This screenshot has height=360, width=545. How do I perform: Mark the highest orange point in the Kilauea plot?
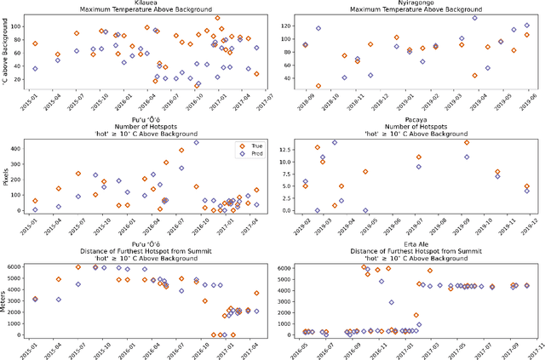217,18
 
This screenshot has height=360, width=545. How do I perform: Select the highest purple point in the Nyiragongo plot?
474,18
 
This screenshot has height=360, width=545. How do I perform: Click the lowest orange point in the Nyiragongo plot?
318,86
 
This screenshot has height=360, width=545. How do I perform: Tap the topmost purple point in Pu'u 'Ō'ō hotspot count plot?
196,142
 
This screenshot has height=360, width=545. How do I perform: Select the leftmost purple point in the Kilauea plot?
35,69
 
